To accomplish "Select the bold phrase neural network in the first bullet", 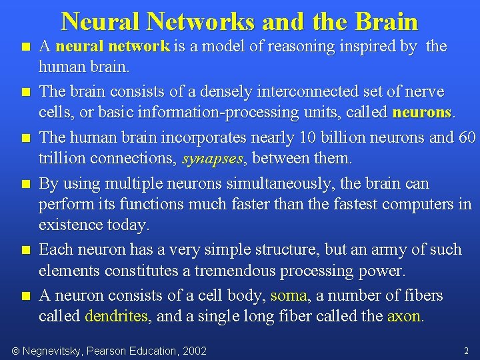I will [113, 47].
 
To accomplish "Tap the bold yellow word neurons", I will [422, 112].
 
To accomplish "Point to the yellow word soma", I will [289, 295].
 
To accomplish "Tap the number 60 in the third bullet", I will [467, 137].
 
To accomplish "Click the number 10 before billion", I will [308, 137].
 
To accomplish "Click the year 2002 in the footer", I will [193, 351].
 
